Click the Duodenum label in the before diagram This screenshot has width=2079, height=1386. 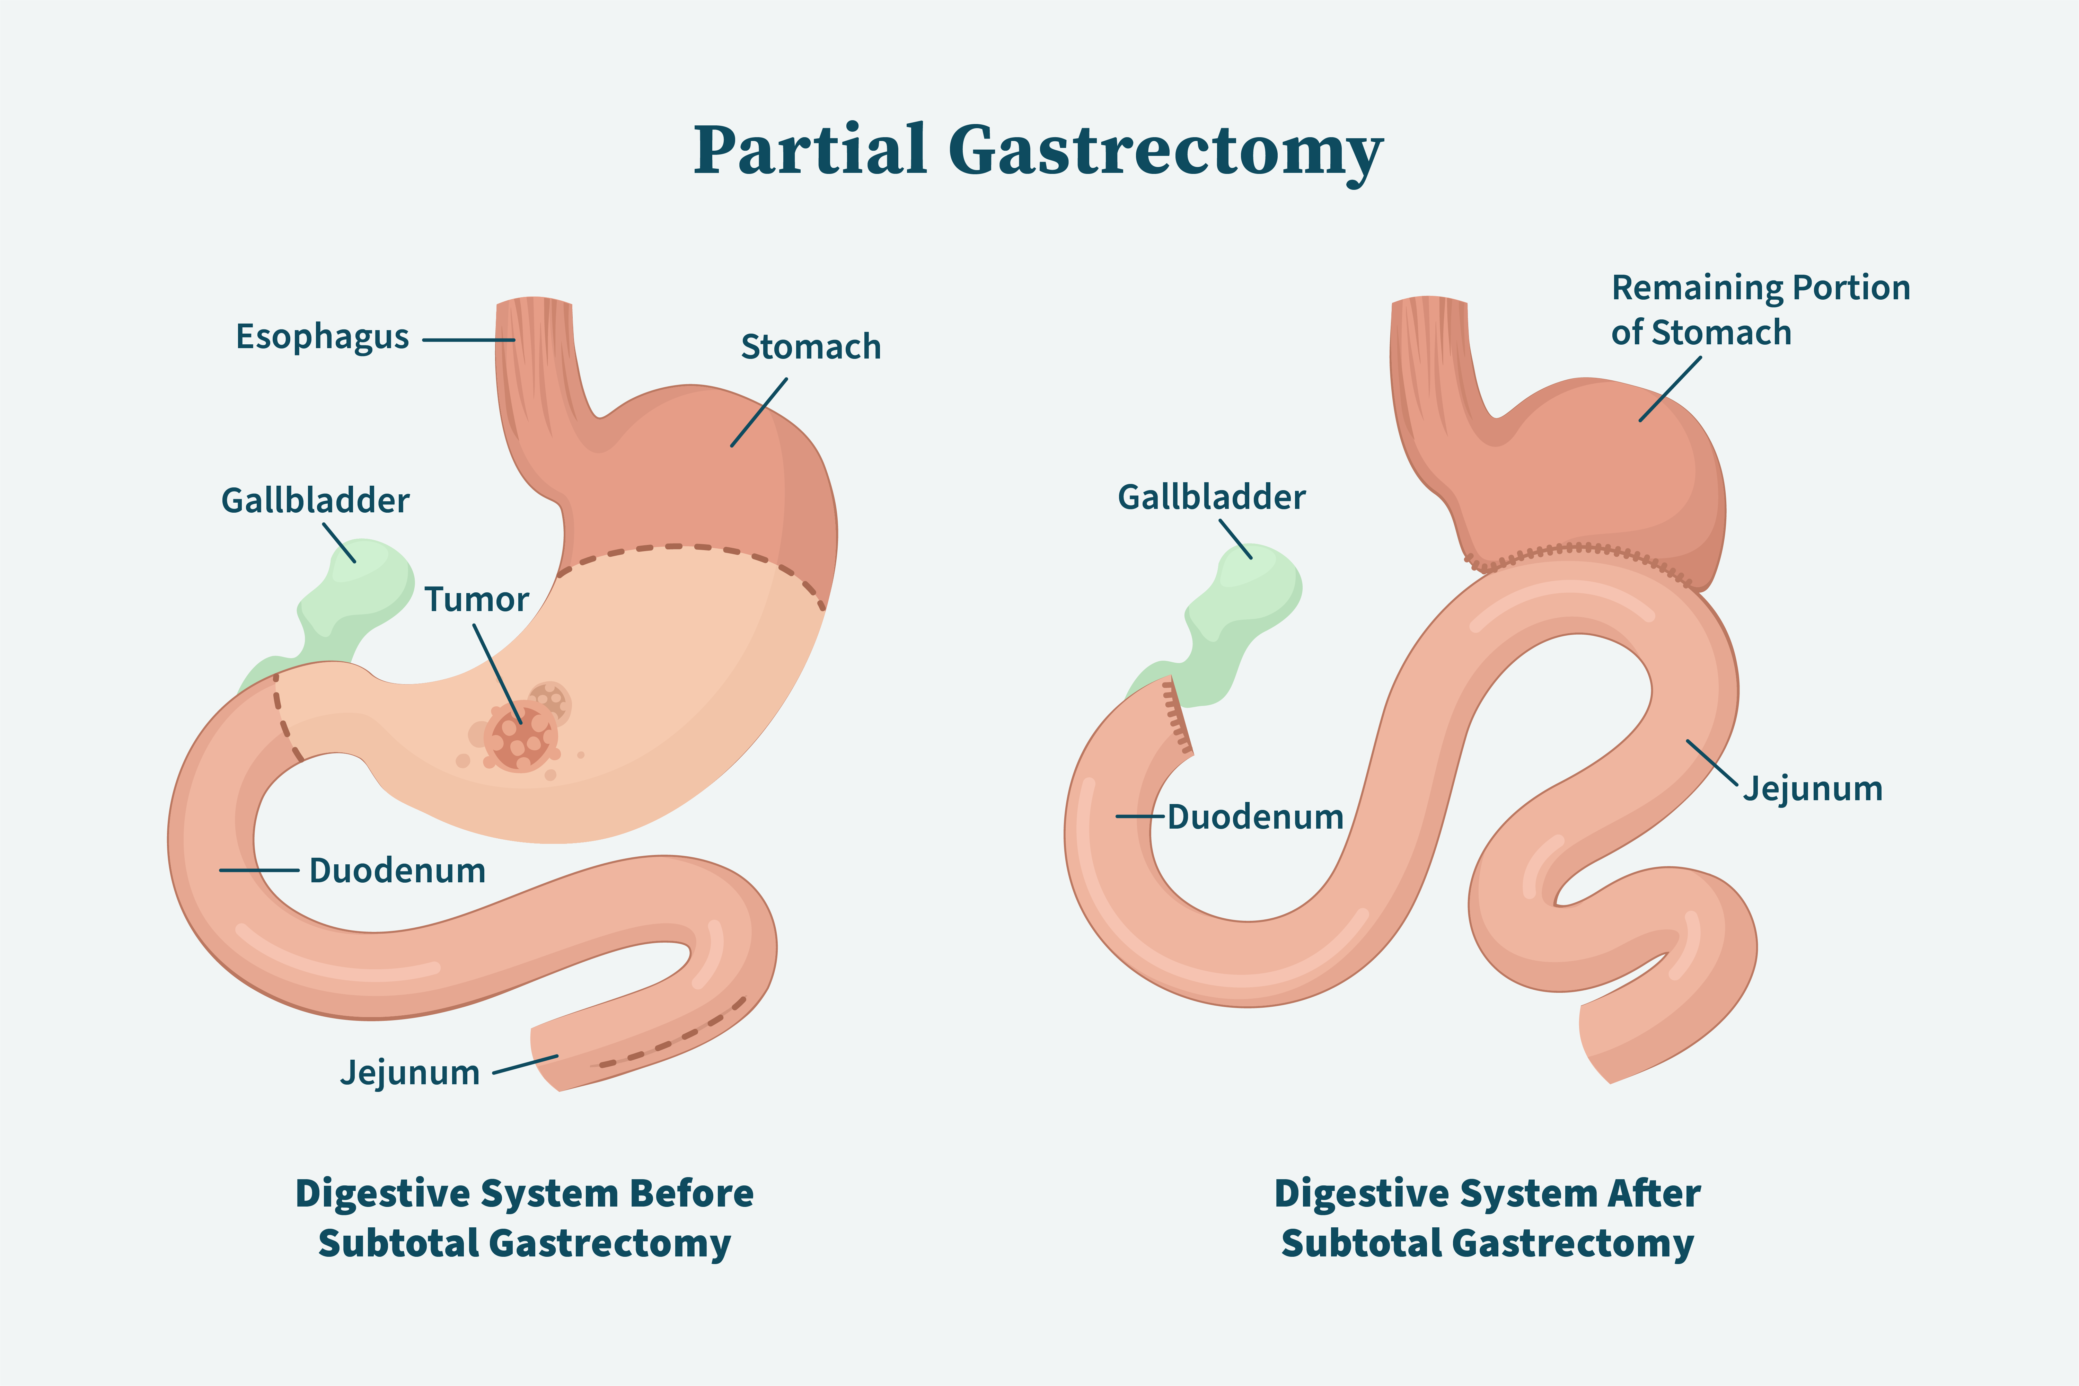397,871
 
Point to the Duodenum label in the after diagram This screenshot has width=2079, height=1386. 1255,817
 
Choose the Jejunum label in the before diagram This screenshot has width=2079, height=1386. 410,1072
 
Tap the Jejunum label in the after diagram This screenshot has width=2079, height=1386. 1812,788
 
